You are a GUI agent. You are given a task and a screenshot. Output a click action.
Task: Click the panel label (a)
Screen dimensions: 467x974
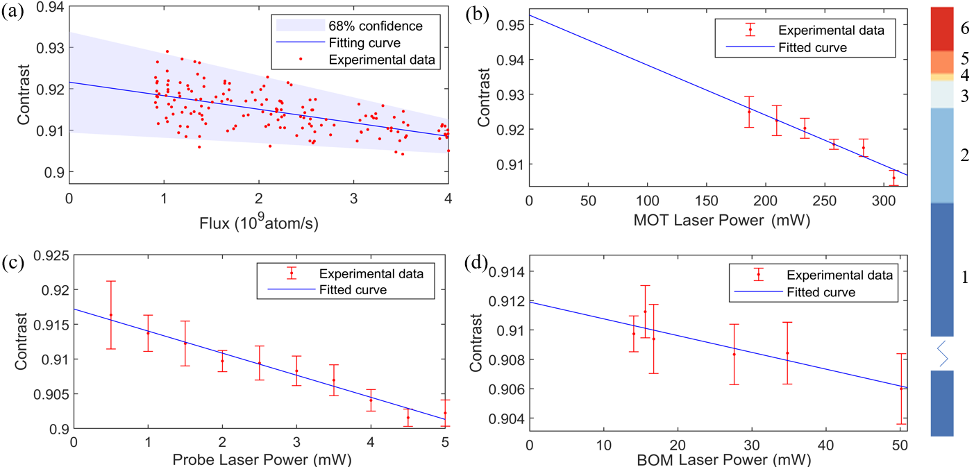pyautogui.click(x=13, y=12)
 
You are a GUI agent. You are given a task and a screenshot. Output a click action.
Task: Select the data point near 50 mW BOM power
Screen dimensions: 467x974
pyautogui.click(x=901, y=389)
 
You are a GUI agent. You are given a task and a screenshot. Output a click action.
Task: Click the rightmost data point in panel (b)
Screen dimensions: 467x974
pyautogui.click(x=893, y=178)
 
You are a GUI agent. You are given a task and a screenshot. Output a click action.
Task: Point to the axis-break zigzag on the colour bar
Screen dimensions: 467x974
pyautogui.click(x=943, y=353)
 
